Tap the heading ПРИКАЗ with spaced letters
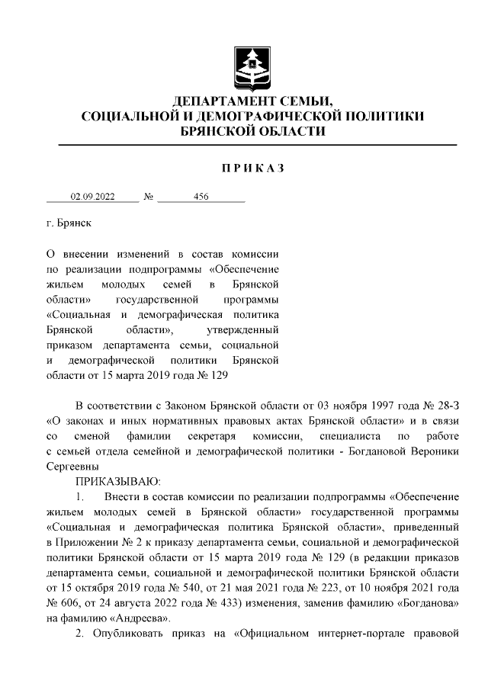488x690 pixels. (x=252, y=168)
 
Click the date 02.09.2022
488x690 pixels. (x=92, y=197)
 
